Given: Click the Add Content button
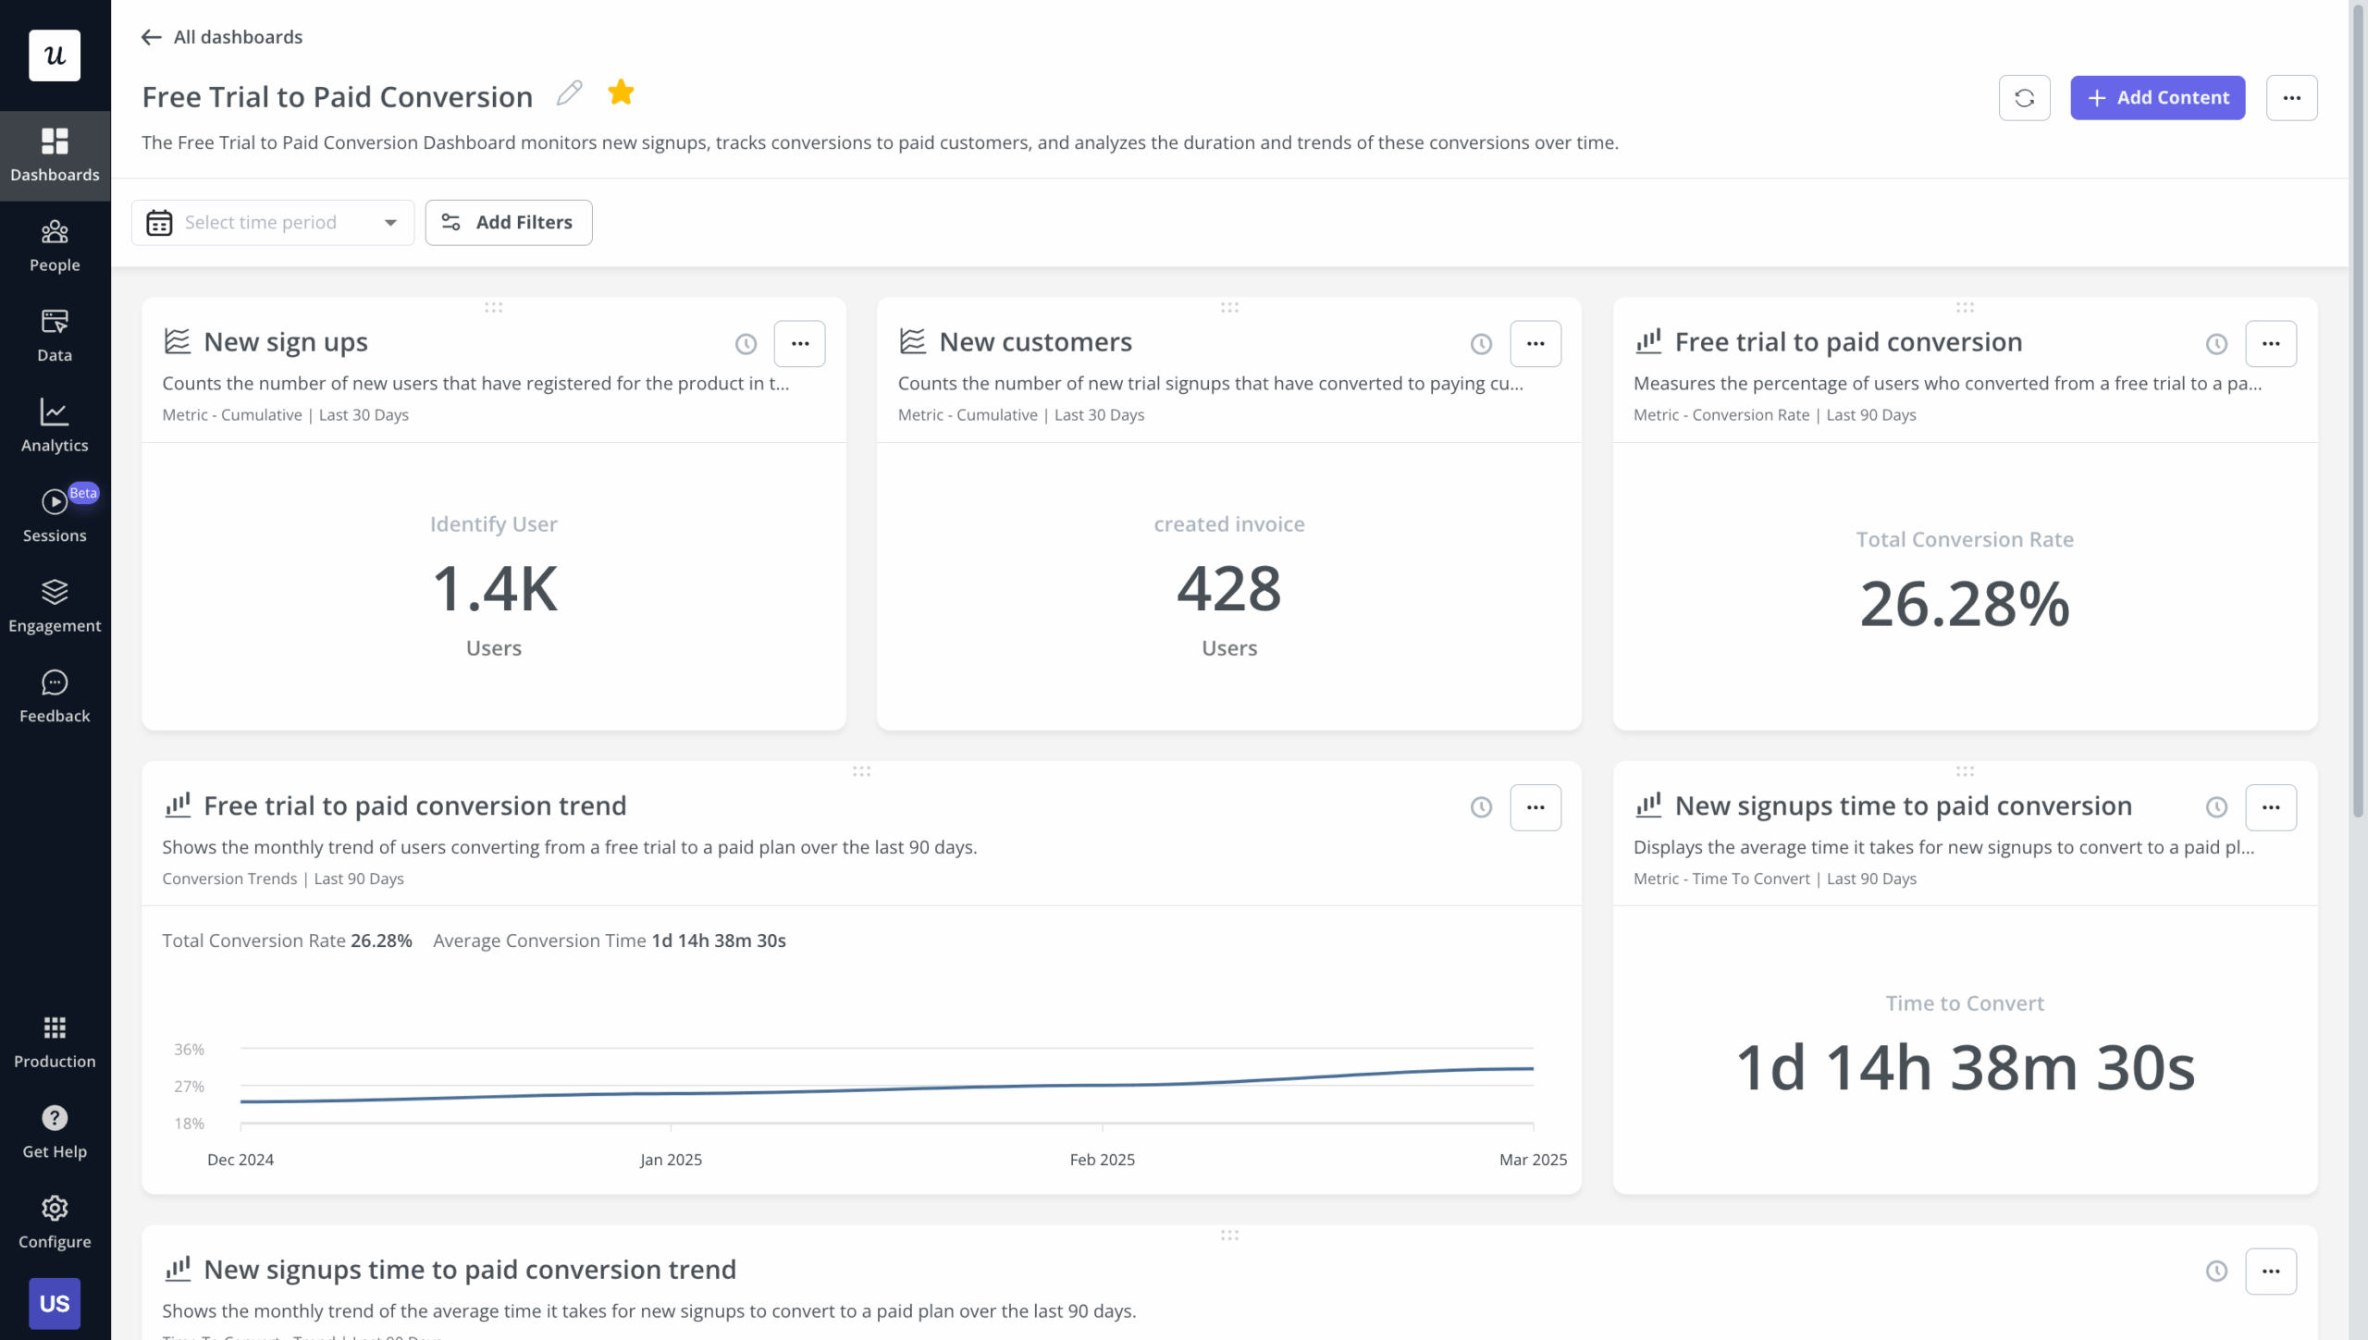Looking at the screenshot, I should coord(2156,98).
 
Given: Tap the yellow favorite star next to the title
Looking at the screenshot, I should coord(621,92).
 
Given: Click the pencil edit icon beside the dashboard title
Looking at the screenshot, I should coord(569,93).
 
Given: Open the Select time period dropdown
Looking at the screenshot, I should coord(273,223).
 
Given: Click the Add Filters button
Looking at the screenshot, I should coord(509,223).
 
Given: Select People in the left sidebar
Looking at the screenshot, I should coord(55,246).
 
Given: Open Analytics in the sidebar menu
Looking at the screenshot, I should coord(55,426).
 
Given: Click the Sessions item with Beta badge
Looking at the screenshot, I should coord(55,516).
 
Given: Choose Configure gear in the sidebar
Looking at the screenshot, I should coord(55,1222).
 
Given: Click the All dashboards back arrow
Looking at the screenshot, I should coord(152,37).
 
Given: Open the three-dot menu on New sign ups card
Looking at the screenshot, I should coord(799,344).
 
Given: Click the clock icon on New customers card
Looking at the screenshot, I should coord(1481,344).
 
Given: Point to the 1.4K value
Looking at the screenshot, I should coord(494,589).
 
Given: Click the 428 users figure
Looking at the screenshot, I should coord(1228,589).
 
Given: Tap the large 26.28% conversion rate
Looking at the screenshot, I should coord(1964,605).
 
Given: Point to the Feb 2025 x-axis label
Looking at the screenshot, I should coord(1102,1160).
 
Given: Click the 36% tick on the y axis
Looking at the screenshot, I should coord(189,1050).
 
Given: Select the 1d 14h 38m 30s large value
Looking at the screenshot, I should coord(1964,1068).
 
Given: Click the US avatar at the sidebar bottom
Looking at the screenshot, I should coord(55,1303).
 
